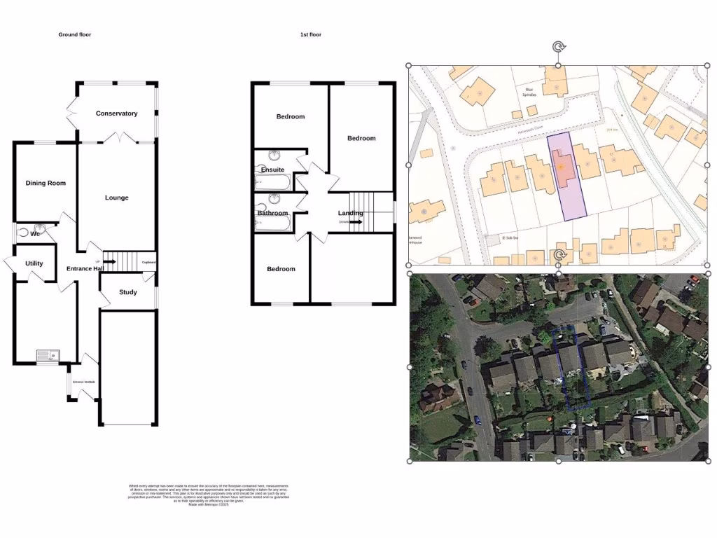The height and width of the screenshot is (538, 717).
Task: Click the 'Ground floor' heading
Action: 74,34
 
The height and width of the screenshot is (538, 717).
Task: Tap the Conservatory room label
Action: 116,113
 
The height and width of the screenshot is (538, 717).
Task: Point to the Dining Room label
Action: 46,184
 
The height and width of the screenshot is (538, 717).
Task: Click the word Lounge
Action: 116,198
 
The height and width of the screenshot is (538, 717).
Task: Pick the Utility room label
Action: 34,264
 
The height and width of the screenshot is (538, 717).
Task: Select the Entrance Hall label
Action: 85,269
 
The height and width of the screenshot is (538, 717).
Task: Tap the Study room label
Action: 127,292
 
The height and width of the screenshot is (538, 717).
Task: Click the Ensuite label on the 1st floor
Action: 272,170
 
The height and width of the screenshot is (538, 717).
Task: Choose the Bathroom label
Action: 272,213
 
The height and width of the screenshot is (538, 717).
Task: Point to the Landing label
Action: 350,213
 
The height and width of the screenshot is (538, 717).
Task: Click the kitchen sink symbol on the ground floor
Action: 48,356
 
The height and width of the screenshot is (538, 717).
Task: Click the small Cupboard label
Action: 148,263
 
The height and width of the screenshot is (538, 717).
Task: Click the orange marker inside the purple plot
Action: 561,167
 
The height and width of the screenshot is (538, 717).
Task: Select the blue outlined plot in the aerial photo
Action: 569,368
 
